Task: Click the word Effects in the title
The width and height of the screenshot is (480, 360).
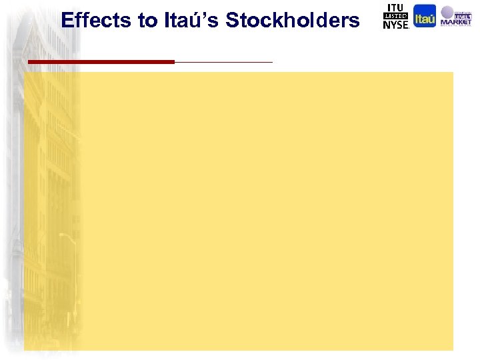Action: click(x=97, y=21)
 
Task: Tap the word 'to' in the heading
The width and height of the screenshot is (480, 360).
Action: click(x=147, y=21)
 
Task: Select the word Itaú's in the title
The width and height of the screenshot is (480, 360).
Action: click(x=191, y=21)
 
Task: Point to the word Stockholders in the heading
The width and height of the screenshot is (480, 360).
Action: click(x=293, y=21)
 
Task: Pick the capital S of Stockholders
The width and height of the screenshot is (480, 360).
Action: click(x=233, y=21)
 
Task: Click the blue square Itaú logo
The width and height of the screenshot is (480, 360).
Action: click(x=425, y=16)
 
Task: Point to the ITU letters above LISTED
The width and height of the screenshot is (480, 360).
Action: click(x=395, y=7)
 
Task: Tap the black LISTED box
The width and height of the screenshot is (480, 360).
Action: click(x=395, y=16)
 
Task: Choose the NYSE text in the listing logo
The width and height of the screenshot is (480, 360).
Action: click(x=395, y=25)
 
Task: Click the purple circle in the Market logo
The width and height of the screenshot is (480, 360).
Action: click(x=447, y=11)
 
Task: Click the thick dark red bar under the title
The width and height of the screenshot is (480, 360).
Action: click(x=101, y=61)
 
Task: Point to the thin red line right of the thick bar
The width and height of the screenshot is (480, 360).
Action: click(x=223, y=62)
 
